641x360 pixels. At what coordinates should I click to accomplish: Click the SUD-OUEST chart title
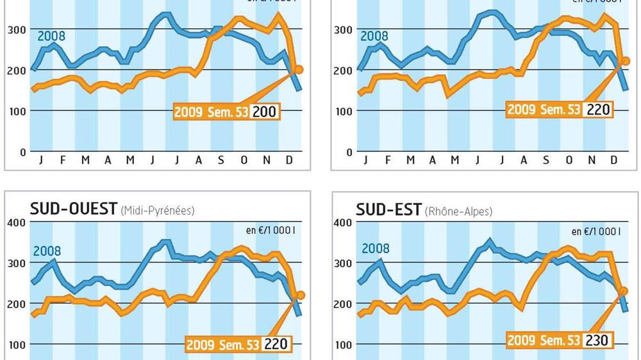(x=74, y=209)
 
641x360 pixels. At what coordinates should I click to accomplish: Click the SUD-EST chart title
(x=389, y=209)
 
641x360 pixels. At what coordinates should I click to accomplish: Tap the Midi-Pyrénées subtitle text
(x=157, y=210)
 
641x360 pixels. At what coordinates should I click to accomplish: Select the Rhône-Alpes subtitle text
(x=458, y=211)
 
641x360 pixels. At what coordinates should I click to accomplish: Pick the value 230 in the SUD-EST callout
(x=596, y=340)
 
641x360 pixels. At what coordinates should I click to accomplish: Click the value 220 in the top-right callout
(x=597, y=110)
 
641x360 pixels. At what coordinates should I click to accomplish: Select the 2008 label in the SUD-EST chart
(x=375, y=248)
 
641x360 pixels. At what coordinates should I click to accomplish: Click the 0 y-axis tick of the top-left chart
(x=22, y=152)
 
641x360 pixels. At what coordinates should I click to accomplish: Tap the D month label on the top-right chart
(x=613, y=160)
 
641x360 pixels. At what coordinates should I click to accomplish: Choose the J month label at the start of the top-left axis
(x=41, y=160)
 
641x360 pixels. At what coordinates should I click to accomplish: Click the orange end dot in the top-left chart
(x=298, y=69)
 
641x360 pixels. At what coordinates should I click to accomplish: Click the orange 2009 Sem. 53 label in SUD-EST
(x=544, y=340)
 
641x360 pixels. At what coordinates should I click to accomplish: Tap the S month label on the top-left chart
(x=221, y=160)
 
